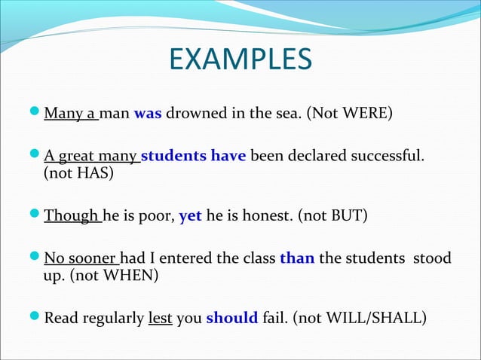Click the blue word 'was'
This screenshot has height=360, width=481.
tap(146, 115)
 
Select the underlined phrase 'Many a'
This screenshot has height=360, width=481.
tap(69, 115)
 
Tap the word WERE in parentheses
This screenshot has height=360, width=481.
tap(366, 115)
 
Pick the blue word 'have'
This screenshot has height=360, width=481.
tap(227, 157)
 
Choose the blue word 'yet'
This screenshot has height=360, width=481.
tap(189, 217)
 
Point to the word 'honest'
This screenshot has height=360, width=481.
tap(264, 217)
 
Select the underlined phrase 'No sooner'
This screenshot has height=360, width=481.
tap(79, 259)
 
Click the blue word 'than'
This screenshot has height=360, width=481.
tap(297, 259)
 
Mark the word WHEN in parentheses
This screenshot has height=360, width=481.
tap(131, 276)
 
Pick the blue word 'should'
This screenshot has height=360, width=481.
tap(231, 318)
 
